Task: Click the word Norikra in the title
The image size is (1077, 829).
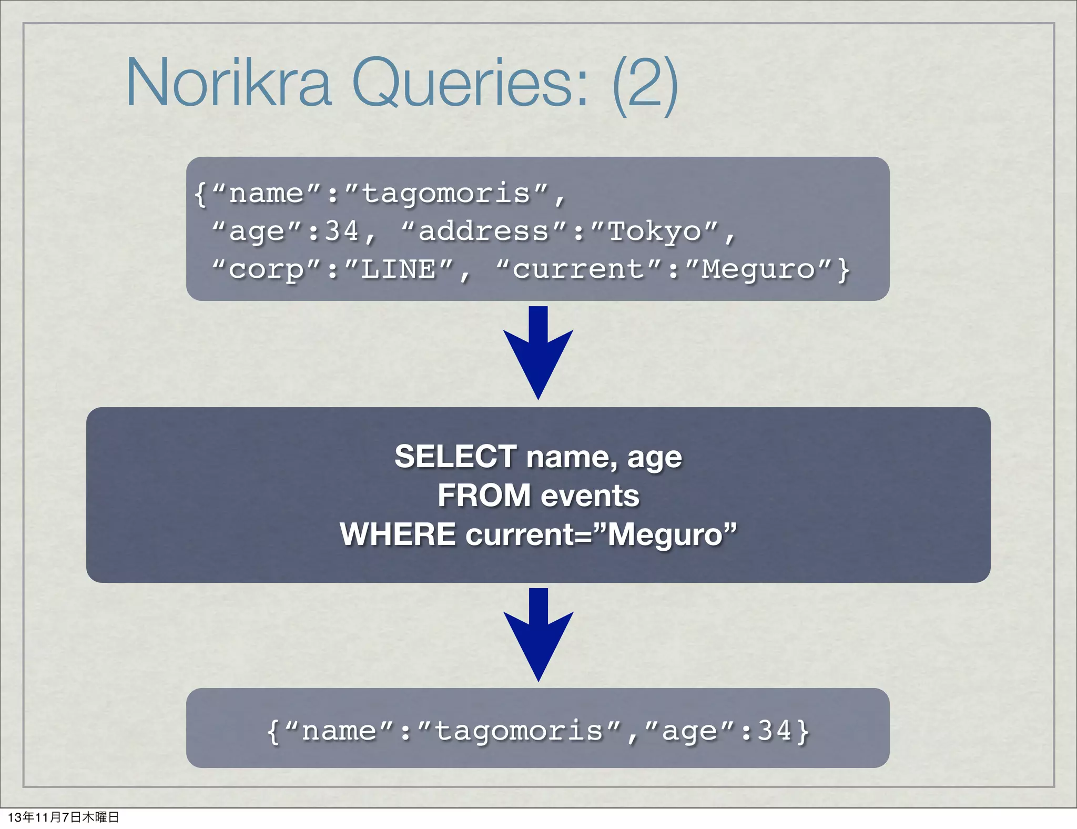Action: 229,83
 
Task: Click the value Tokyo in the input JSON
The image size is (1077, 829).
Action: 655,231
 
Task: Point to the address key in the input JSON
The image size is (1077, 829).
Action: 484,231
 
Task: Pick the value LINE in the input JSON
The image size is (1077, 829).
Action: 399,269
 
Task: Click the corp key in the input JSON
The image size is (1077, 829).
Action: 267,270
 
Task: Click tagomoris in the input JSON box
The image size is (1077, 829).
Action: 446,194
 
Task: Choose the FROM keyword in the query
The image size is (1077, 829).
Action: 484,496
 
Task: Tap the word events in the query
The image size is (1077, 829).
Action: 590,496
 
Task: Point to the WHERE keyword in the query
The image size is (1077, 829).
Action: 398,534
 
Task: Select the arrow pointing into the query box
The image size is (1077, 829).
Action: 538,352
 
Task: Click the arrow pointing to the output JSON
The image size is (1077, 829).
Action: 538,634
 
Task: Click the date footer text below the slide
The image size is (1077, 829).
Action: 64,817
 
